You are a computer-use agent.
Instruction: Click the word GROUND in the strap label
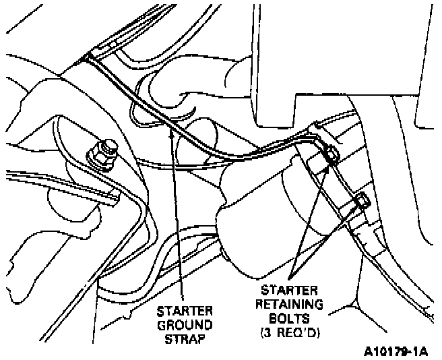(x=185, y=324)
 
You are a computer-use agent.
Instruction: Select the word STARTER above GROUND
(x=185, y=311)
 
